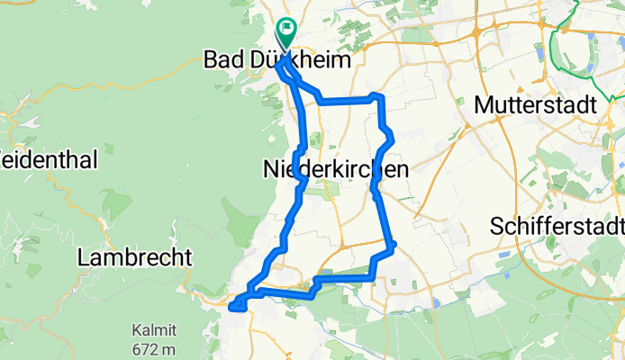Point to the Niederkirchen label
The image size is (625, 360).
click(x=336, y=168)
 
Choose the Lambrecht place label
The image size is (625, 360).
click(x=135, y=257)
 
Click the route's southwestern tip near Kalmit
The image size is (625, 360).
click(x=233, y=308)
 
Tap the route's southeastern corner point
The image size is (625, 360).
click(x=394, y=245)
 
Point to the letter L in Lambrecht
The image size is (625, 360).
click(x=84, y=257)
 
